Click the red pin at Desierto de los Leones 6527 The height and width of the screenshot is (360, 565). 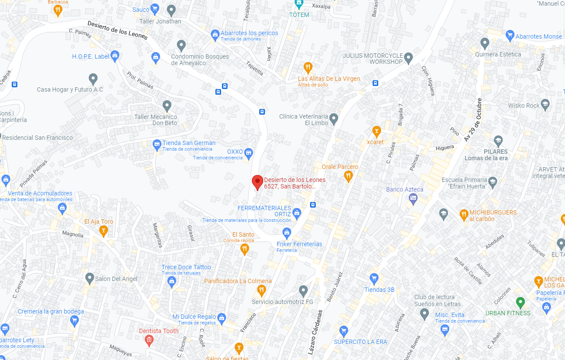[x=258, y=182]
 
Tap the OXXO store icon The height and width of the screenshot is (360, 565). [x=248, y=152]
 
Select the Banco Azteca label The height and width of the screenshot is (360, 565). [x=404, y=189]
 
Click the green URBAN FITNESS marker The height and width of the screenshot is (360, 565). [x=520, y=302]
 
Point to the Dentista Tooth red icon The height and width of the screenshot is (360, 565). [x=149, y=340]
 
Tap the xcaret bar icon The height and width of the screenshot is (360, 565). [x=377, y=130]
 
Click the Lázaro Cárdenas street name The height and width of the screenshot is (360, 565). [x=315, y=332]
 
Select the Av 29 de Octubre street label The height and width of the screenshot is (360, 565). [x=473, y=119]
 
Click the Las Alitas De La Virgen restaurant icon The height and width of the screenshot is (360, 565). [x=307, y=67]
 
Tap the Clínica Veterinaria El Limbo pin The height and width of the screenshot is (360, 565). [x=334, y=118]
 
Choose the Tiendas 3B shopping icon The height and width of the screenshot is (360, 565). [x=374, y=278]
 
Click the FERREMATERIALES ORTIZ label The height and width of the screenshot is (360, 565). [x=264, y=211]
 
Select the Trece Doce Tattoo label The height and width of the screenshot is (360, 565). [x=186, y=267]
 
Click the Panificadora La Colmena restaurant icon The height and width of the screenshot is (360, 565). [x=261, y=290]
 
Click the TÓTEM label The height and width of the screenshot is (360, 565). [x=299, y=15]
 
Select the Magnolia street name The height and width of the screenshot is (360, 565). [x=73, y=235]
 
